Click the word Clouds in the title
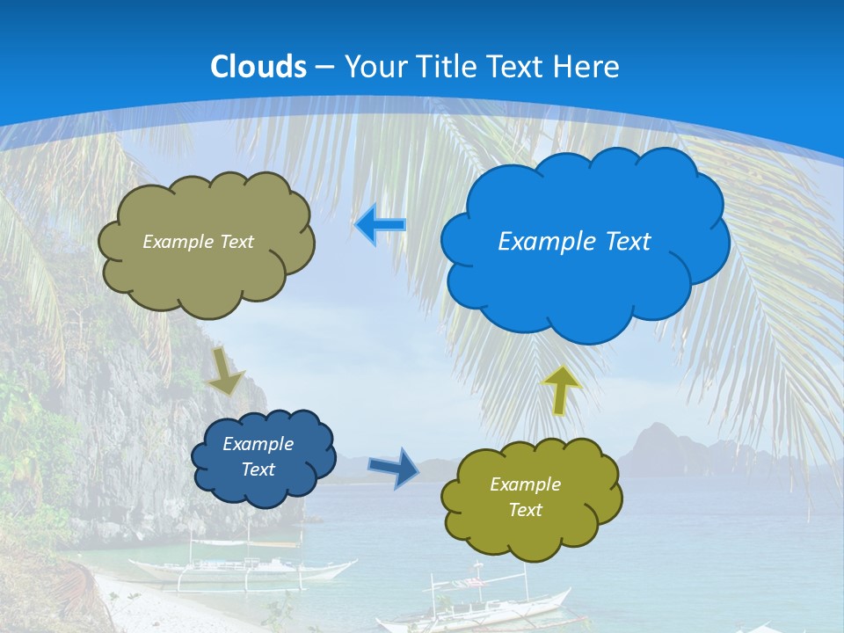click(258, 66)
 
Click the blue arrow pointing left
click(380, 226)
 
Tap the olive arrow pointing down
click(225, 371)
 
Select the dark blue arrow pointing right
click(394, 467)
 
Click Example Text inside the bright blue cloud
click(574, 242)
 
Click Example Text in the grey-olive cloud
click(198, 242)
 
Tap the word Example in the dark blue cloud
click(258, 444)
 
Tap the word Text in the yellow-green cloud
click(525, 510)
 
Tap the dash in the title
click(324, 67)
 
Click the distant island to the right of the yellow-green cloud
click(668, 448)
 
